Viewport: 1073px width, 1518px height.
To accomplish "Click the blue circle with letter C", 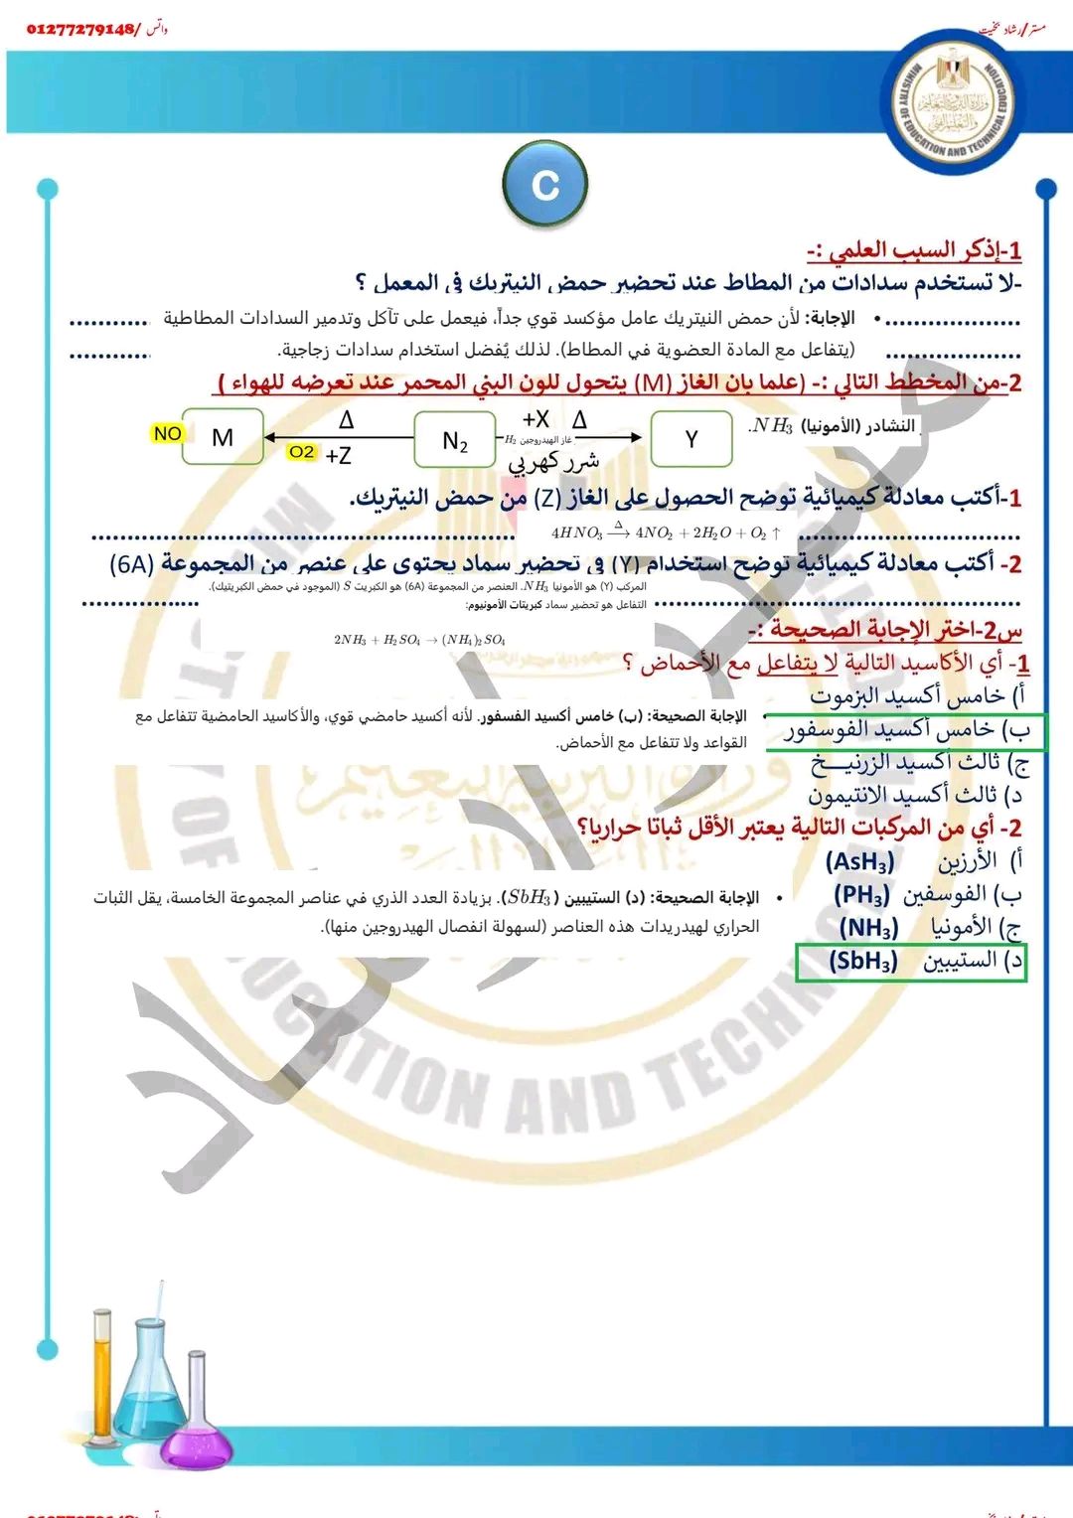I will [x=545, y=185].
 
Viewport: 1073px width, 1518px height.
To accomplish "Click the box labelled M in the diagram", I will [x=224, y=437].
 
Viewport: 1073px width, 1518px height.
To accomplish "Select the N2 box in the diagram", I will [x=454, y=440].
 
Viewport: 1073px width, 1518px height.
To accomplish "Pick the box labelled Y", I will [x=691, y=439].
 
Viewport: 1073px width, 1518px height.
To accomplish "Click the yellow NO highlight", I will [x=167, y=433].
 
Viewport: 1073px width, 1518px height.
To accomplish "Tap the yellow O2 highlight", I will [x=301, y=452].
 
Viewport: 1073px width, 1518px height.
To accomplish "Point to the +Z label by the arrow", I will [x=338, y=456].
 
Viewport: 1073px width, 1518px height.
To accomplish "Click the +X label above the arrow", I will [x=536, y=419].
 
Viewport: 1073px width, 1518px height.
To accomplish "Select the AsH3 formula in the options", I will [x=860, y=861].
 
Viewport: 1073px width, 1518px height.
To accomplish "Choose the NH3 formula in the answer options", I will [x=868, y=928].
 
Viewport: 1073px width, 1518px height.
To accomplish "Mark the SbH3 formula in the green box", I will [x=863, y=961].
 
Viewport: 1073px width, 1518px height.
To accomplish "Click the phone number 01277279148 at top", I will [x=83, y=29].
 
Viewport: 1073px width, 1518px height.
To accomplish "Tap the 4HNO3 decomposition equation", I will [x=666, y=532].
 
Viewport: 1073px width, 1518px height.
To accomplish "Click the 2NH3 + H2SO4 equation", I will [x=419, y=640].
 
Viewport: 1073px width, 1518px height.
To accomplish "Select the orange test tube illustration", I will [x=103, y=1381].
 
